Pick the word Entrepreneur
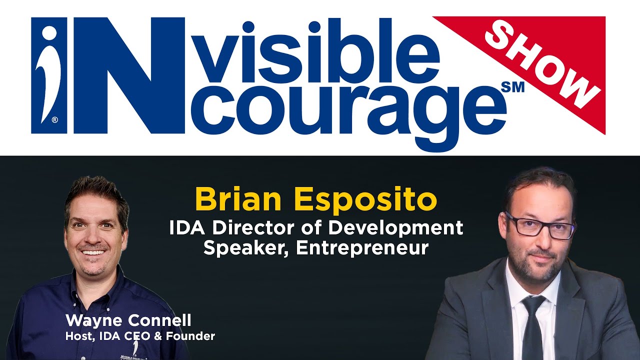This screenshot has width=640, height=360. pos(362,248)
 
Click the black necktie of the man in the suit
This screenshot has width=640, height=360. pos(532,325)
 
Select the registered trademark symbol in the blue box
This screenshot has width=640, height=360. pos(54,120)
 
